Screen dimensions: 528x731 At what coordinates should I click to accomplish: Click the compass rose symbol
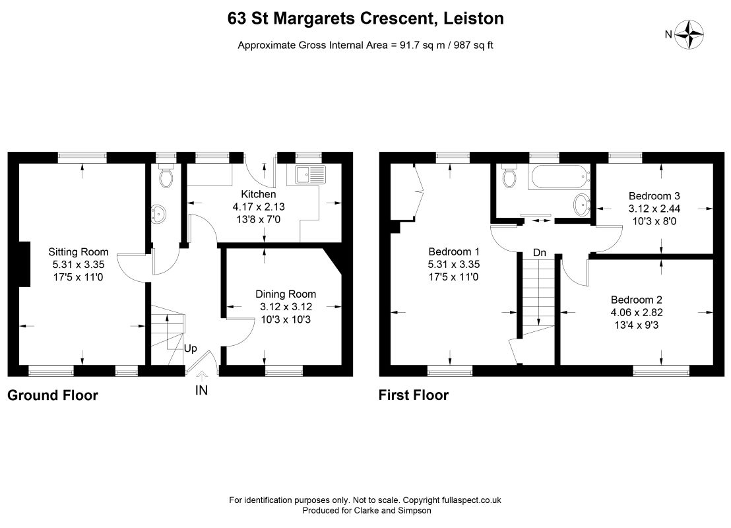tap(691, 34)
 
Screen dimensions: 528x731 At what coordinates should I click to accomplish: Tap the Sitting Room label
tap(79, 251)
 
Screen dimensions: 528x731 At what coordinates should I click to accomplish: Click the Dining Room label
tap(286, 294)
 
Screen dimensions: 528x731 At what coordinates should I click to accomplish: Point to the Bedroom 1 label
tap(454, 251)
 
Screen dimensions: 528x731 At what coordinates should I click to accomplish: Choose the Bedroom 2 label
tap(637, 298)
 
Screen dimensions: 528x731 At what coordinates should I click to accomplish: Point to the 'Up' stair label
tap(190, 348)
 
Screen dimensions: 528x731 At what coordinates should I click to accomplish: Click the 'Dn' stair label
tap(540, 253)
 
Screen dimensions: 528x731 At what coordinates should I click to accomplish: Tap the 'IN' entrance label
tap(201, 391)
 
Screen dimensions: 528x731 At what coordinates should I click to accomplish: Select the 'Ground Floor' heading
tap(52, 395)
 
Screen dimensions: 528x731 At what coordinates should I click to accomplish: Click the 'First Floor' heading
tap(413, 395)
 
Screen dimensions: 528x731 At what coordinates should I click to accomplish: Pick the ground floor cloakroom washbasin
tap(161, 213)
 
